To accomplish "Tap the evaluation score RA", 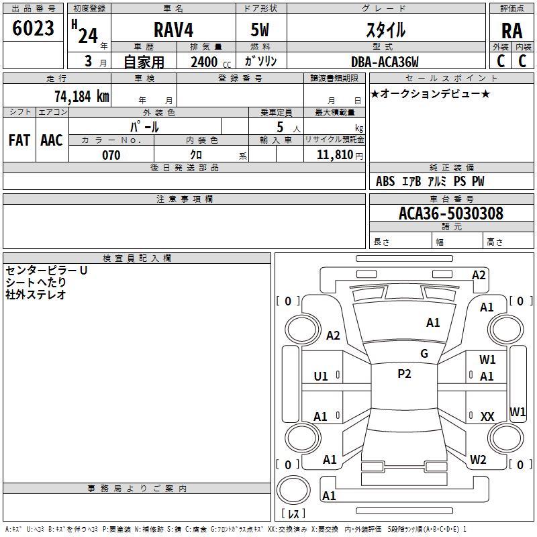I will click(511, 30).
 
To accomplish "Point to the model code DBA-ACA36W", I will click(385, 62).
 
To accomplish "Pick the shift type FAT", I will click(19, 140).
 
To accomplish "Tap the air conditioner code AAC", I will click(51, 140).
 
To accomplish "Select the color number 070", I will click(111, 155).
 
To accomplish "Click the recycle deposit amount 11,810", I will click(334, 155).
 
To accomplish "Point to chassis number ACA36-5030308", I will click(450, 213).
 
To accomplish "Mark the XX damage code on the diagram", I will click(487, 417).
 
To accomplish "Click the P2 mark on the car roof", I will click(404, 374).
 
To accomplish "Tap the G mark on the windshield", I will click(424, 353).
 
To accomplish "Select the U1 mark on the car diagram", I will click(321, 377).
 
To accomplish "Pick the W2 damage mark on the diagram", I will click(478, 460).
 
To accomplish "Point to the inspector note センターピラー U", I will click(46, 271).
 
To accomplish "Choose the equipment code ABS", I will click(385, 181).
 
